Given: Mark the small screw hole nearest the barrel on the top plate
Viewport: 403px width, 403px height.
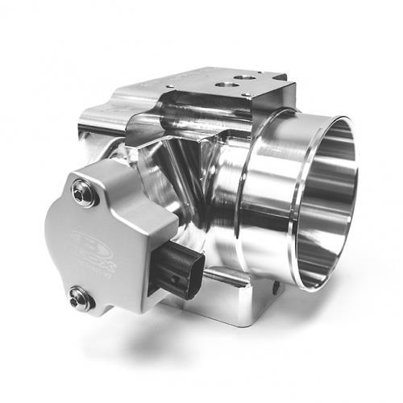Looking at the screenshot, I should click(245, 96).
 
